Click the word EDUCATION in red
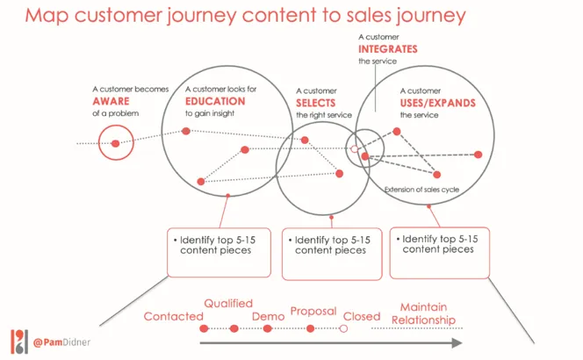[x=215, y=101]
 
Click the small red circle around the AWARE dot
[x=114, y=142]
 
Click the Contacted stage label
[x=173, y=316]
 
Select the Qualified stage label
[x=228, y=303]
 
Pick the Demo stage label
[x=268, y=315]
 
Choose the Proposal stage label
[x=313, y=311]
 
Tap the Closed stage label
[x=361, y=316]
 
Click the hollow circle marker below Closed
[x=343, y=329]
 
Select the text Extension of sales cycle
[x=421, y=190]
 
